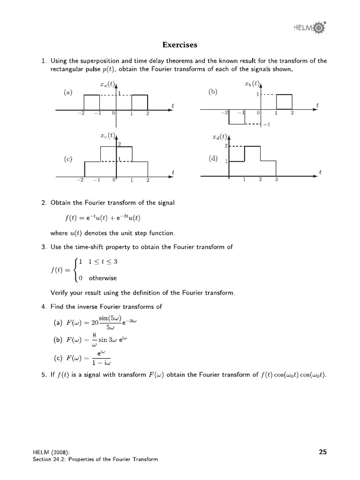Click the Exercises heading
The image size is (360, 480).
tap(180, 45)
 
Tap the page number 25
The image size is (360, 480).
tap(322, 452)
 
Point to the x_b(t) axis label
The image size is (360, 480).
tap(252, 84)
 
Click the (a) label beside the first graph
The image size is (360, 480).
tap(68, 92)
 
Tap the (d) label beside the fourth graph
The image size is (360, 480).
tap(213, 158)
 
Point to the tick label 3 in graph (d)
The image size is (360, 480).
tap(276, 180)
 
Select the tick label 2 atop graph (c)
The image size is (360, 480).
tap(120, 144)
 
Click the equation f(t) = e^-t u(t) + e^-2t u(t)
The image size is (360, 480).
tap(103, 217)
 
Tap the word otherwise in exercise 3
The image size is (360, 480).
tap(103, 278)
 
